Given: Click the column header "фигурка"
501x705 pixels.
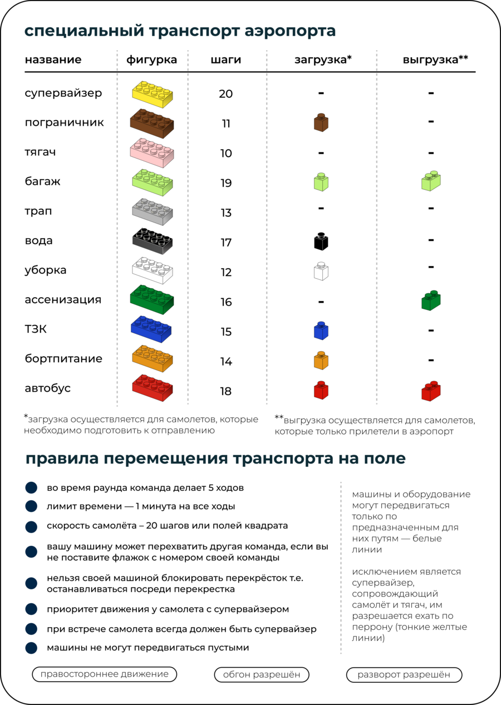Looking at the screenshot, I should point(151,60).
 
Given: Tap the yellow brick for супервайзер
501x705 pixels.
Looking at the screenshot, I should point(152,94).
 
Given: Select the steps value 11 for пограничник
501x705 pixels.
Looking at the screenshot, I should point(225,124).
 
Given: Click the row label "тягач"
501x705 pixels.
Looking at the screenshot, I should point(40,152).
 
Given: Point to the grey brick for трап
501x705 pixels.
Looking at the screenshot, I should point(152,211).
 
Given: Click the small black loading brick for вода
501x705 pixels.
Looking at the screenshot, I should point(321,241).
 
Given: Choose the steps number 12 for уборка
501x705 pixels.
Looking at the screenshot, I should point(225,272).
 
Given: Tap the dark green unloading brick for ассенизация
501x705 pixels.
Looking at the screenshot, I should point(431,300).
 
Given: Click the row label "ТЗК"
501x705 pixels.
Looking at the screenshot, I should point(36,329).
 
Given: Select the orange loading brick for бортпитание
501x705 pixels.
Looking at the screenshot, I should point(321,360).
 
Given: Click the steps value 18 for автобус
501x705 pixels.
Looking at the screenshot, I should point(225,391).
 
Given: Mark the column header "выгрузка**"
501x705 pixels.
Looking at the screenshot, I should point(435,60).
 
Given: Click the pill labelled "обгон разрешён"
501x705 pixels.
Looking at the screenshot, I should point(262,675).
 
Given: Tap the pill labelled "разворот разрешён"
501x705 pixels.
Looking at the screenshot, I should point(404,675).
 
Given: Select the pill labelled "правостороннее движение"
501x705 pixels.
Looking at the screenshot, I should point(105,674).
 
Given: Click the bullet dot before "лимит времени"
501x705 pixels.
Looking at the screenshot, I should point(31,506).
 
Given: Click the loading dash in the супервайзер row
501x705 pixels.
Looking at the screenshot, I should point(321,93).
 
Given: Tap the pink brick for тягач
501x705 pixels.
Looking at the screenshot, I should point(152,153).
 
